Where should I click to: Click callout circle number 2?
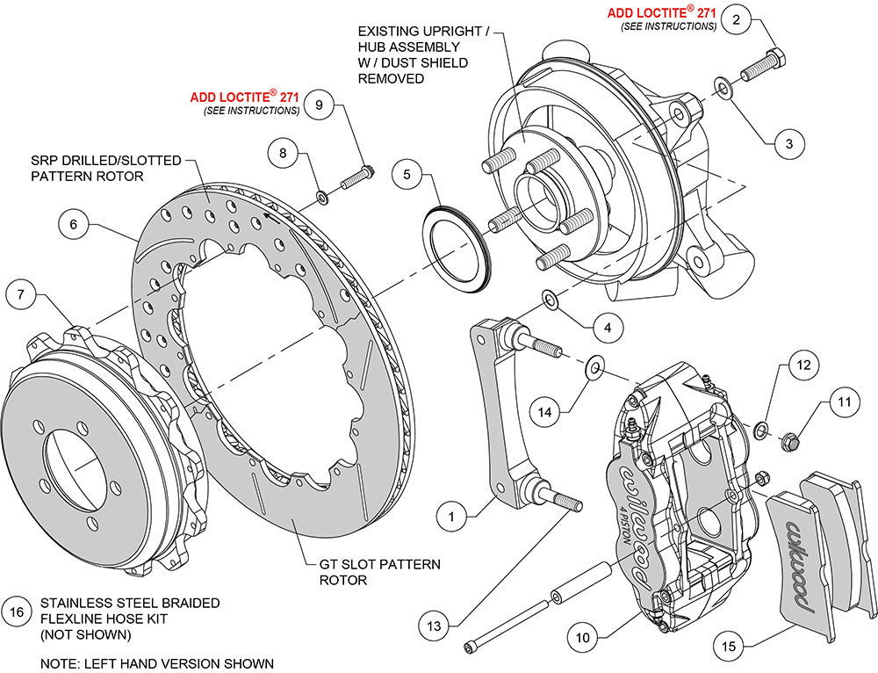click(738, 19)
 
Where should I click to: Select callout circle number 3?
click(788, 141)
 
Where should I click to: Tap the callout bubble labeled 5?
click(406, 175)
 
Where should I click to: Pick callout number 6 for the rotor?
click(74, 225)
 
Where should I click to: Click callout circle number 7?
click(21, 295)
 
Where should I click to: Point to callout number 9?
click(319, 105)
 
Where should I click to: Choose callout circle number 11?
click(844, 403)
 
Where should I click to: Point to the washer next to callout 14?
click(594, 364)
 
